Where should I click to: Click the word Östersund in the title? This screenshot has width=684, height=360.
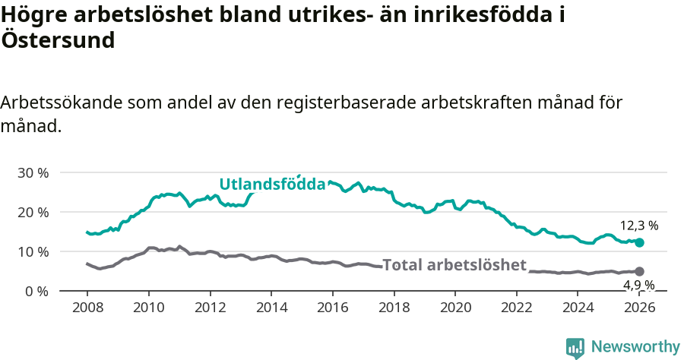59,40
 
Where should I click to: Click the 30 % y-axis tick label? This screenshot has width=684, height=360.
33,172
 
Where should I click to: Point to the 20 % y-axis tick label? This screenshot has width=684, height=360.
33,212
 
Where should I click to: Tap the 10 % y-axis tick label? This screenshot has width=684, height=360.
33,251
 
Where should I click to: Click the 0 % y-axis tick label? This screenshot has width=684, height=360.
36,291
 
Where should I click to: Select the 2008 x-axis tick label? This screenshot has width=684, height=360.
87,308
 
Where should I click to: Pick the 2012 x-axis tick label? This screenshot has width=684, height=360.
210,308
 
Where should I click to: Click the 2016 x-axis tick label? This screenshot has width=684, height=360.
333,308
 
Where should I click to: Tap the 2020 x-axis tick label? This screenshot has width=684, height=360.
455,308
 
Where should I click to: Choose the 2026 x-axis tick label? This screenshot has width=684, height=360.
639,308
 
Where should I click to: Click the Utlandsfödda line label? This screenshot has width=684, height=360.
272,184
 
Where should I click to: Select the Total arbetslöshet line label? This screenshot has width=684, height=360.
454,265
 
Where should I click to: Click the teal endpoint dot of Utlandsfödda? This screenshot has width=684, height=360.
639,243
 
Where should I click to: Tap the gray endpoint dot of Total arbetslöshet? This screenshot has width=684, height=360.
639,272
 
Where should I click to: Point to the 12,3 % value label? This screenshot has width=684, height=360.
638,226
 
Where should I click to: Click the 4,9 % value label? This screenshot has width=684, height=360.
638,286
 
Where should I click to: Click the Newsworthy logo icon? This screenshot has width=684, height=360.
575,347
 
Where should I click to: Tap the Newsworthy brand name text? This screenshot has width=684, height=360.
635,347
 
